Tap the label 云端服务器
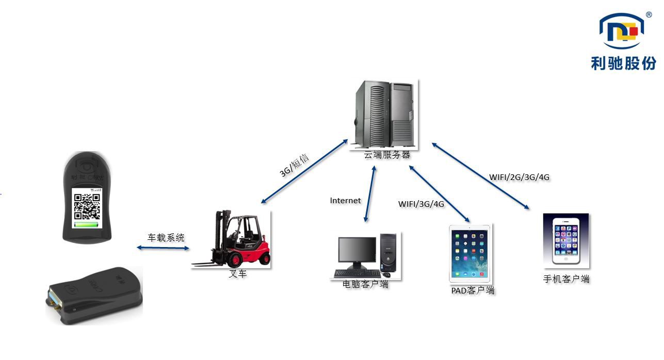387,155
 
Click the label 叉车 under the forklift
238,274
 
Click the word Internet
346,200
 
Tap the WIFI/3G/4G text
421,204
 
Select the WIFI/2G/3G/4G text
519,177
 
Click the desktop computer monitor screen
357,250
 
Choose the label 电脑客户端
365,284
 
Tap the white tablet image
469,253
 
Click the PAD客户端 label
473,290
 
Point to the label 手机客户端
566,279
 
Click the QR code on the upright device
86,206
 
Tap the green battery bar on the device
86,225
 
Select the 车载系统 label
166,238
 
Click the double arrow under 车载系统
163,248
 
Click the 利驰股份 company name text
624,63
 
